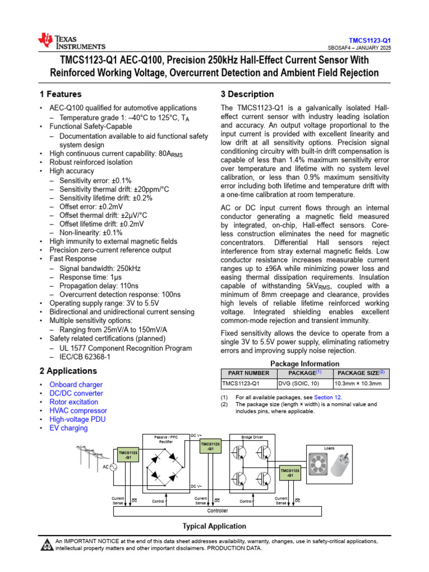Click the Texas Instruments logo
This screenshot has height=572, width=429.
pyautogui.click(x=71, y=41)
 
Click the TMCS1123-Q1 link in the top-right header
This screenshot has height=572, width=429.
pyautogui.click(x=370, y=41)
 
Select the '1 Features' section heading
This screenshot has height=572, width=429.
pyautogui.click(x=60, y=94)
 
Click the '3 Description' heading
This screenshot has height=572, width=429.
pyautogui.click(x=247, y=94)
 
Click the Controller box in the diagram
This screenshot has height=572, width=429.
pyautogui.click(x=217, y=511)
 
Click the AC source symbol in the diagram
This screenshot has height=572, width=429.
pyautogui.click(x=112, y=467)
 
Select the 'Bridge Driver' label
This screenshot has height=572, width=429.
pyautogui.click(x=251, y=437)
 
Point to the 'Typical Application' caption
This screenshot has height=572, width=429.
pyautogui.click(x=214, y=526)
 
